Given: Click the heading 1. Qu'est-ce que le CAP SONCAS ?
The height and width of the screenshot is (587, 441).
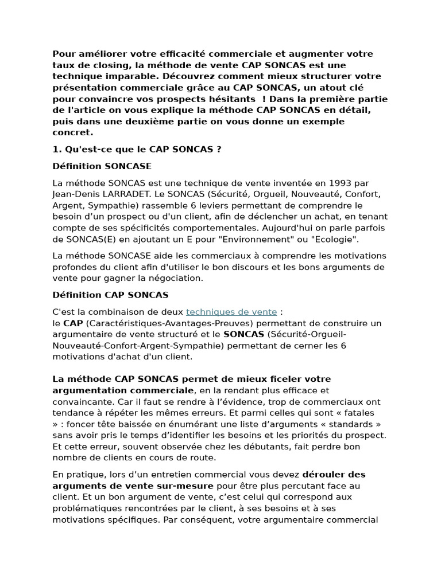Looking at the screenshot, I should [x=137, y=150].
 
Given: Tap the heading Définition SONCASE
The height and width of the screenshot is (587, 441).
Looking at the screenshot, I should [x=102, y=166].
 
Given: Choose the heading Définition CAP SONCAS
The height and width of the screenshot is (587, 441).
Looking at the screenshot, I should [x=110, y=295].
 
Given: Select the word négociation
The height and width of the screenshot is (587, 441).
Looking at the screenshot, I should [x=173, y=278].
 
